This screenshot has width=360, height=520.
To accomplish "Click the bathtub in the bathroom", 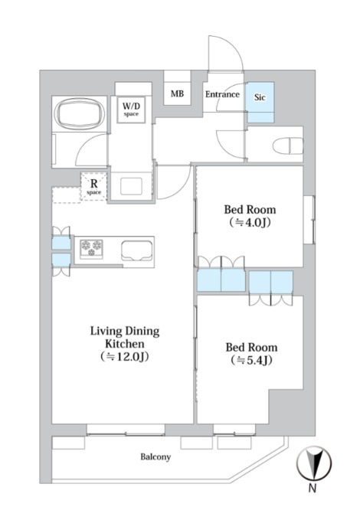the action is click(x=80, y=114).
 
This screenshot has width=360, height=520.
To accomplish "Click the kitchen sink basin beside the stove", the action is click(x=137, y=251).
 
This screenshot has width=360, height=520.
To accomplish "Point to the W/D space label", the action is click(x=131, y=109).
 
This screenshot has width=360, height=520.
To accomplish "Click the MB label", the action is click(x=177, y=93).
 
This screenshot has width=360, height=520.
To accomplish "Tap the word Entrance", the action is click(x=222, y=94).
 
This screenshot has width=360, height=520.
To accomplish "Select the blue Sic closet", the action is click(x=260, y=102).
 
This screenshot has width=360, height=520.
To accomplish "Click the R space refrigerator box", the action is click(x=94, y=186).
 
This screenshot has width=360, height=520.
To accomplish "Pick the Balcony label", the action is click(x=155, y=457).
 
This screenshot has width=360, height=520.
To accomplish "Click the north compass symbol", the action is click(x=314, y=463).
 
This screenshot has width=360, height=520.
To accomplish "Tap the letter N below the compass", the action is click(x=313, y=489).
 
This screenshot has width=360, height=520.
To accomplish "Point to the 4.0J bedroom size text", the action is click(x=250, y=223).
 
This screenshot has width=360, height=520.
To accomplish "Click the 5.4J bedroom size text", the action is click(x=251, y=360).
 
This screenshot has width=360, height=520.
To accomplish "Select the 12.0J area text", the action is click(x=124, y=357).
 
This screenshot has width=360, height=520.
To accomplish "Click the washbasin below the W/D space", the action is click(x=132, y=186).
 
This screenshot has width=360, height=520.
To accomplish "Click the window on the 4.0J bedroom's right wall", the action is click(x=309, y=220).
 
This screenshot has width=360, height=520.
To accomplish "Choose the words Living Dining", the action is click(x=125, y=331).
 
